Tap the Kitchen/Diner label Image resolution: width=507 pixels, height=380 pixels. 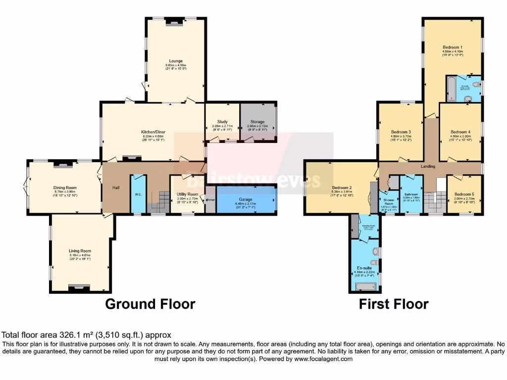point(152,132)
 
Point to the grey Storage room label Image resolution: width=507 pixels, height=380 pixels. point(257,122)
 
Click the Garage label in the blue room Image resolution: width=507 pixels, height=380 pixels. point(246,199)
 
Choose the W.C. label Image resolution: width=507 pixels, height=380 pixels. point(138,194)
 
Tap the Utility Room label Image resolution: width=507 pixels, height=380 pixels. point(187,194)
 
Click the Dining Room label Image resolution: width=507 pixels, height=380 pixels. point(65,188)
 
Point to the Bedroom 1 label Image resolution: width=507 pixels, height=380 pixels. point(453,47)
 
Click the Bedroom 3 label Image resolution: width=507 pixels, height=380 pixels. point(401,132)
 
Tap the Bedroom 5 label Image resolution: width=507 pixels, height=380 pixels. point(464,194)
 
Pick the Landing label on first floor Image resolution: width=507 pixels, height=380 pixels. point(428,166)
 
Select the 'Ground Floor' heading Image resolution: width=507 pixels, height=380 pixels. point(150,303)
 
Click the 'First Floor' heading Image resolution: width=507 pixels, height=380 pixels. point(394,303)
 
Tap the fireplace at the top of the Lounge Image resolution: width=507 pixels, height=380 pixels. point(174,21)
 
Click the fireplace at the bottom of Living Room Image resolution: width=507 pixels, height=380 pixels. point(79,287)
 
